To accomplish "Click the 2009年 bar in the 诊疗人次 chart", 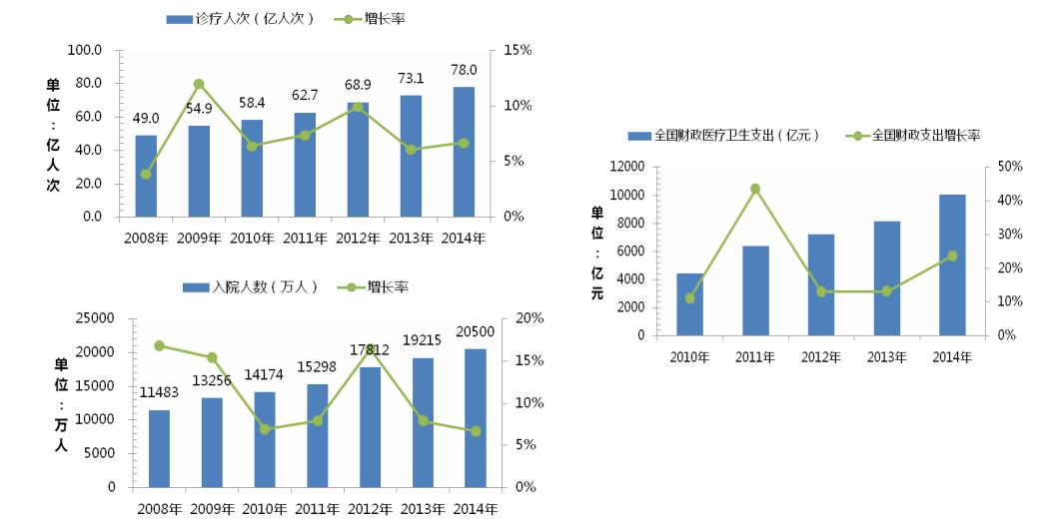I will click(x=199, y=171).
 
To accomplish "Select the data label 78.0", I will click(x=465, y=70).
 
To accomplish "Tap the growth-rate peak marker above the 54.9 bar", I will click(x=199, y=84).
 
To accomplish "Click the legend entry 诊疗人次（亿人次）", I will click(x=240, y=19).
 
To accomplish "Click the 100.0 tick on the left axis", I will click(x=84, y=50).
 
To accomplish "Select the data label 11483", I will click(x=160, y=392).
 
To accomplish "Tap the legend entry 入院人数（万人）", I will click(x=250, y=286).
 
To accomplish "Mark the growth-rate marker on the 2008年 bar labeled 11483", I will click(x=160, y=345).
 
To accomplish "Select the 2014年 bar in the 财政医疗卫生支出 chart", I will click(x=952, y=264).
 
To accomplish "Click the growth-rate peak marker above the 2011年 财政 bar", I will click(x=755, y=189).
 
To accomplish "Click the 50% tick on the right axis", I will click(x=1008, y=167).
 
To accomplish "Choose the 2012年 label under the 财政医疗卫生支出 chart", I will click(x=821, y=357).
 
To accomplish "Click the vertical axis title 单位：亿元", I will click(x=597, y=253).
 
